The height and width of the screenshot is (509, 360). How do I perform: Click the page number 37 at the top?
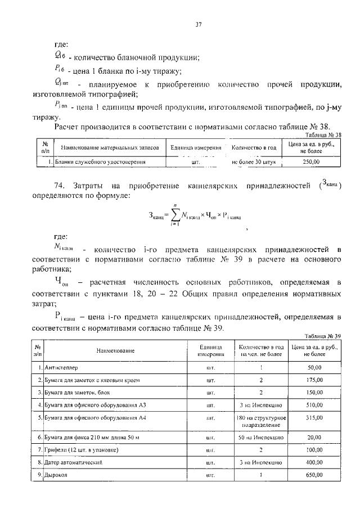pyautogui.click(x=198, y=24)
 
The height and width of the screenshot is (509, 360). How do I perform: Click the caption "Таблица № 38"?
pyautogui.click(x=325, y=135)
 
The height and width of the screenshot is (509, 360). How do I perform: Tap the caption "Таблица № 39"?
pyautogui.click(x=325, y=335)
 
